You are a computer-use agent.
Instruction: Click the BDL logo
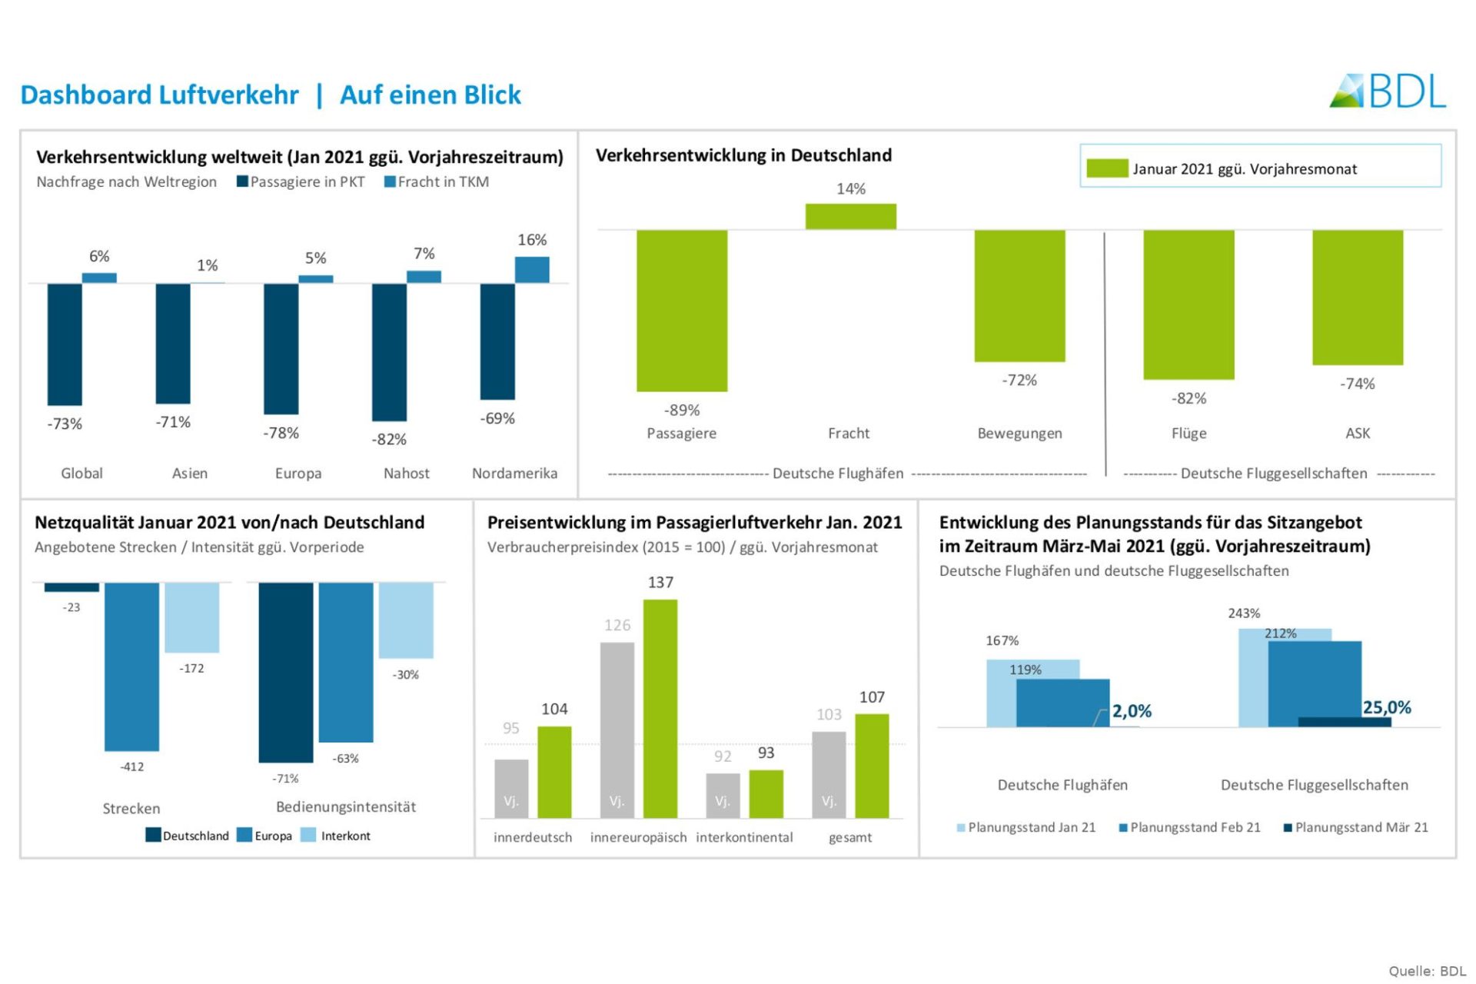point(1387,91)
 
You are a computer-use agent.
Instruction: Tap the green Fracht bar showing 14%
point(850,216)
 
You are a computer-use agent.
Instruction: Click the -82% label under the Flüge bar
point(1188,398)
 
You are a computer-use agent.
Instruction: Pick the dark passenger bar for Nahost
point(389,351)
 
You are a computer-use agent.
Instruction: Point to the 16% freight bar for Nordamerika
point(531,270)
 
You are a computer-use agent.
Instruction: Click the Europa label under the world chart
point(298,474)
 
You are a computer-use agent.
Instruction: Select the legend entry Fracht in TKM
point(437,182)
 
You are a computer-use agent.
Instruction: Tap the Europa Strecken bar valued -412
point(131,666)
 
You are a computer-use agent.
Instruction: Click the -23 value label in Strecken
point(71,607)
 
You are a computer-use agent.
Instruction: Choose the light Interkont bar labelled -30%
point(406,620)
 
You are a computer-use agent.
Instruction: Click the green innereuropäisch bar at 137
point(660,708)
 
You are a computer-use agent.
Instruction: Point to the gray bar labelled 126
point(617,730)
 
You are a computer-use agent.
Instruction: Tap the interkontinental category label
point(744,837)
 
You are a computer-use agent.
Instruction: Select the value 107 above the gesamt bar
point(872,697)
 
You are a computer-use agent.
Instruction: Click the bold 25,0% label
point(1386,707)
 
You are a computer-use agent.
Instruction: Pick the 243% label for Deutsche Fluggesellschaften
point(1243,613)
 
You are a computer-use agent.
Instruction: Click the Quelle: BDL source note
point(1427,971)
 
